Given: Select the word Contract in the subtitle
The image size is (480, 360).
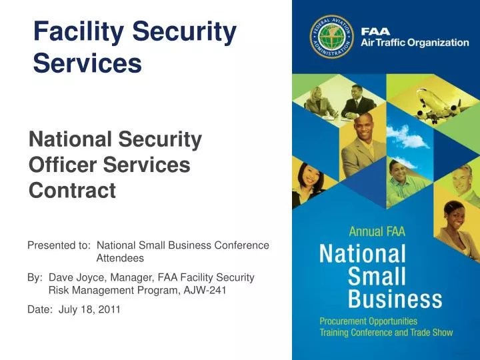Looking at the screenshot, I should click(72, 191).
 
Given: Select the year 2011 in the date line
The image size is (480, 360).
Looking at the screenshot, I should click(109, 309).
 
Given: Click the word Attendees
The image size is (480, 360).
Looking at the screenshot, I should click(120, 258).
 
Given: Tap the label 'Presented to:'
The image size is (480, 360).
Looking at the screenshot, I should click(59, 245).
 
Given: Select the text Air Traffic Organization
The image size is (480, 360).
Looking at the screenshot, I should click(415, 43).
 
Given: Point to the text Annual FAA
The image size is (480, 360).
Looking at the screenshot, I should click(377, 232).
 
